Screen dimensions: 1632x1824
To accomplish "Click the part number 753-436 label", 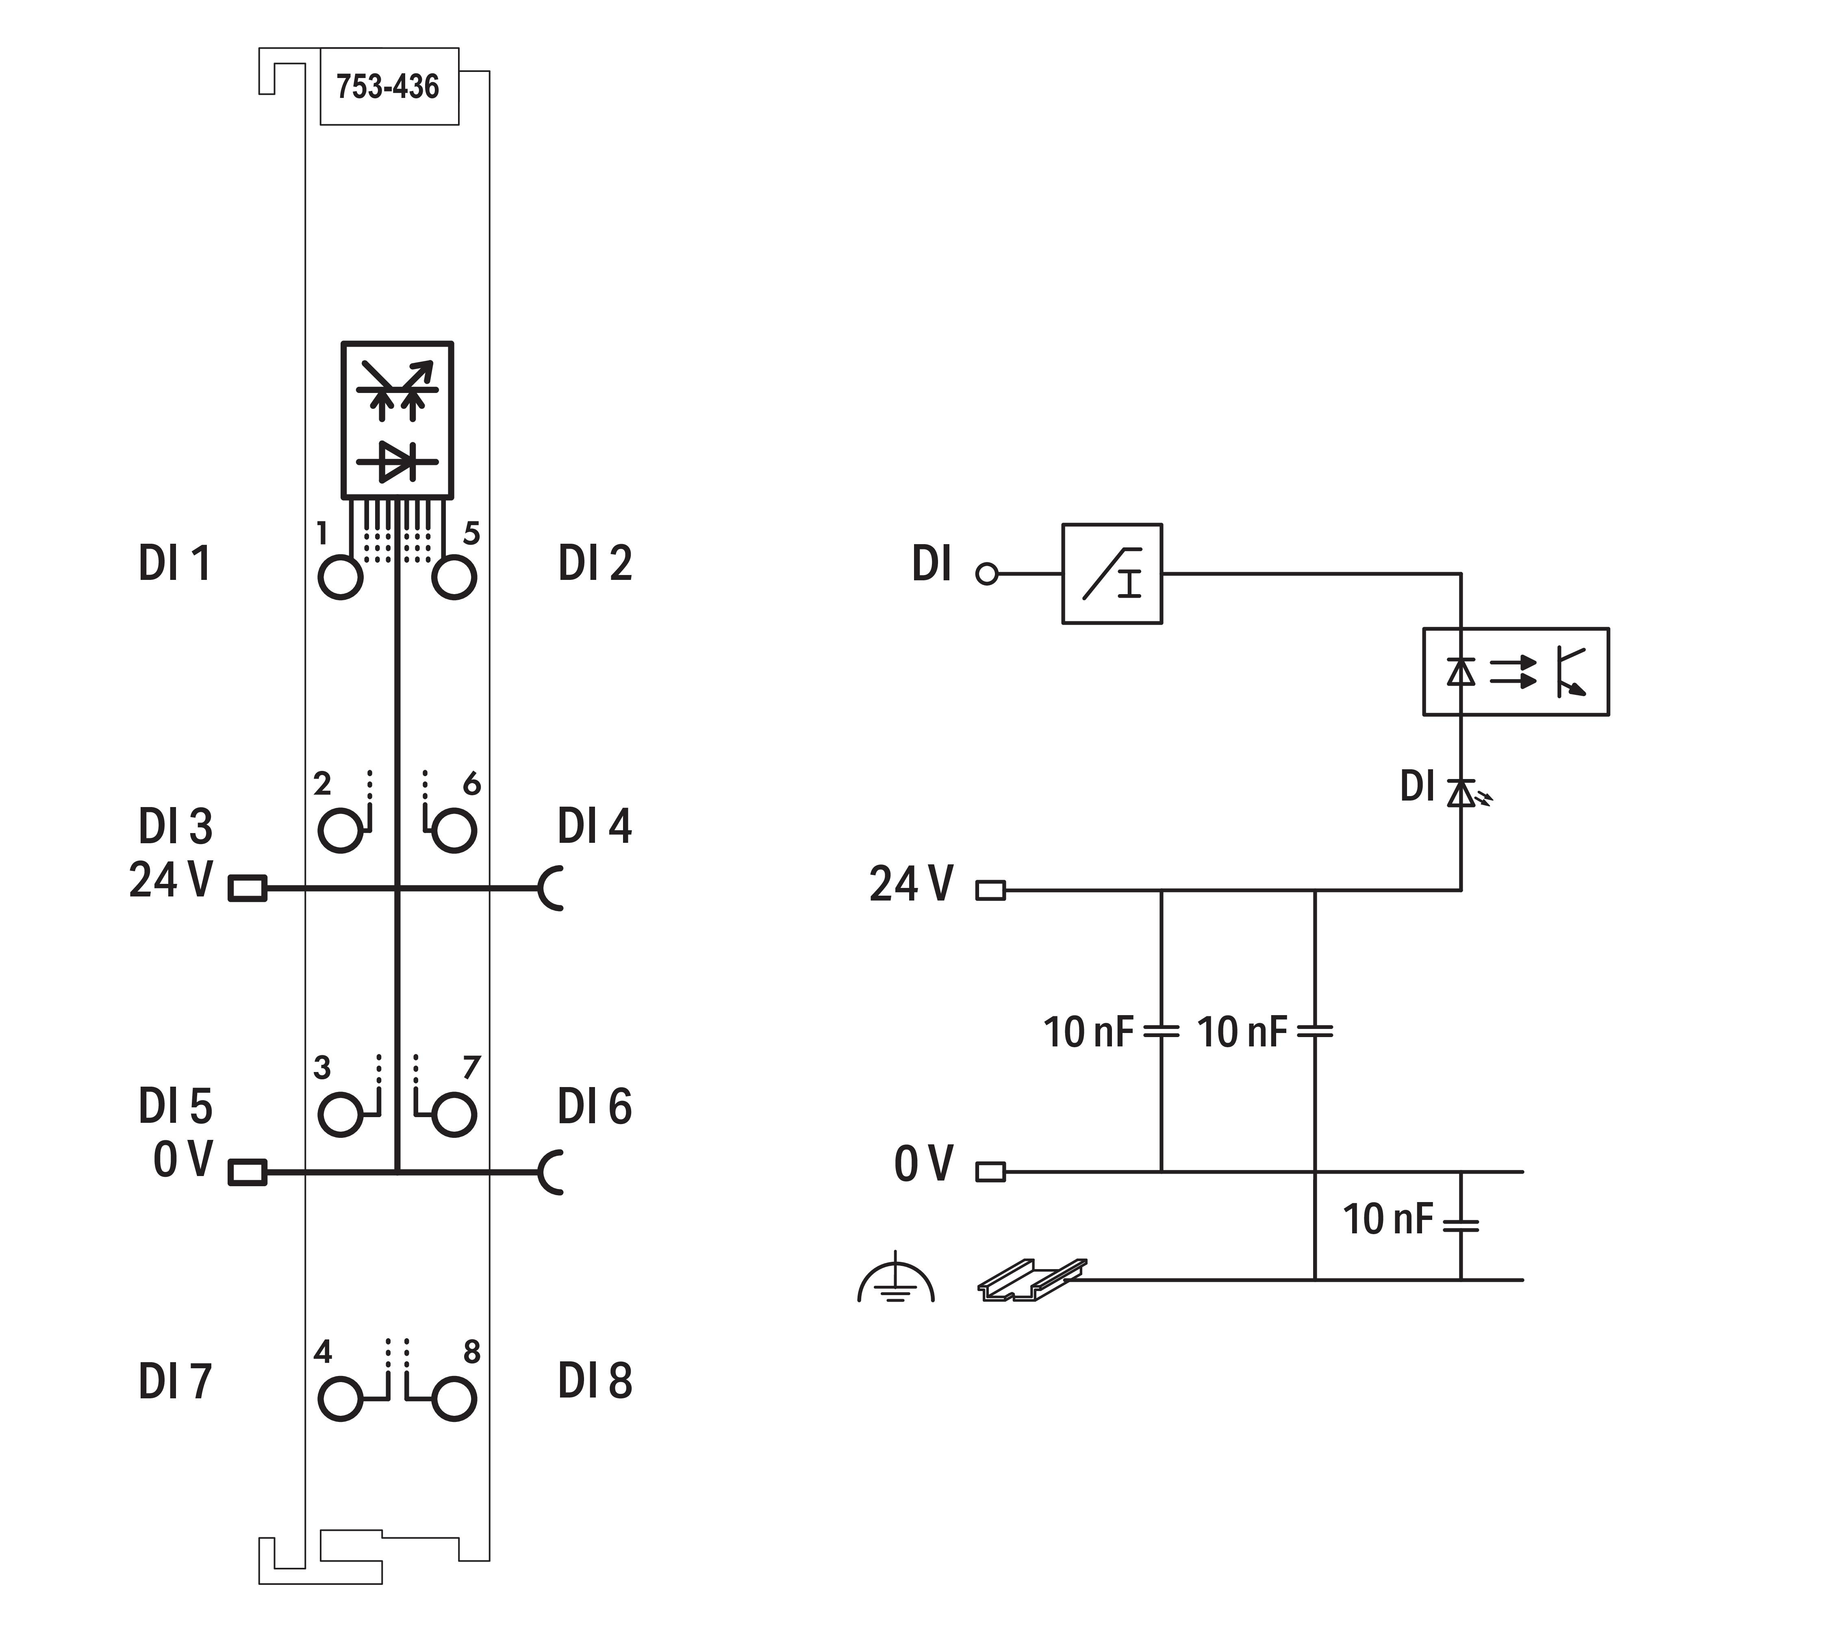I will point(388,87).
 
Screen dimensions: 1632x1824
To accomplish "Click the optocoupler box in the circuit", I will point(1516,672).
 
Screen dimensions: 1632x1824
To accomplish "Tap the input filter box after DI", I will point(1112,574).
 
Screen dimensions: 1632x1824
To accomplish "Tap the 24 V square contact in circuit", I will point(990,890).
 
